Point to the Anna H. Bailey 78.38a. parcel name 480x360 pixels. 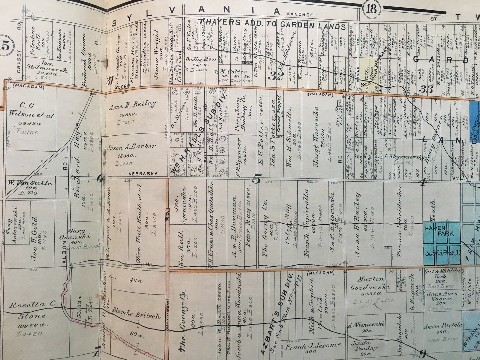pyautogui.click(x=133, y=105)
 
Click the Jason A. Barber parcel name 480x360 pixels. pyautogui.click(x=131, y=147)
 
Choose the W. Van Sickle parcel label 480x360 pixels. pyautogui.click(x=30, y=183)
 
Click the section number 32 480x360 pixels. pyautogui.click(x=277, y=74)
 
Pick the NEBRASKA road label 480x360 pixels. pyautogui.click(x=143, y=174)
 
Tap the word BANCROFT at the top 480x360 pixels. pyautogui.click(x=301, y=14)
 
